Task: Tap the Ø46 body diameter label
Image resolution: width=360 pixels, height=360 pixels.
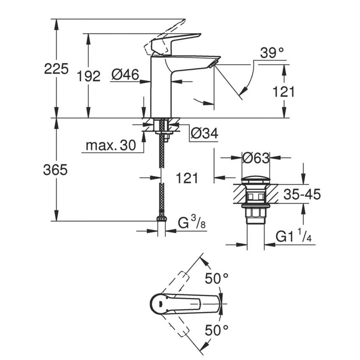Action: point(125,75)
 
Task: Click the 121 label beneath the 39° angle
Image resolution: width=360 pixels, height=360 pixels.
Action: point(283,92)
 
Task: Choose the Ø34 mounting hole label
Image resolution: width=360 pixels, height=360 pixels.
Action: point(204,134)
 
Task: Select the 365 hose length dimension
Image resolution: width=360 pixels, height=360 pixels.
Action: point(55,170)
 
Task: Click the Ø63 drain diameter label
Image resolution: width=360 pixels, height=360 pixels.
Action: point(255,158)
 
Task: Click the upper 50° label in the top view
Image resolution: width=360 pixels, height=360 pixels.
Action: point(217,279)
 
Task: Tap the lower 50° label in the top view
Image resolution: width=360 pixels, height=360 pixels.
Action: point(217,331)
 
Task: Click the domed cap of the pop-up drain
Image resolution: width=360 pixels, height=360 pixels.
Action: point(256,180)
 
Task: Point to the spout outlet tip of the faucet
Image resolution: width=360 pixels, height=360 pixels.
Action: point(215,62)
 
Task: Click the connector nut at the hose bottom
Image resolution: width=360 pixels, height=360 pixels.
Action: point(161,219)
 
